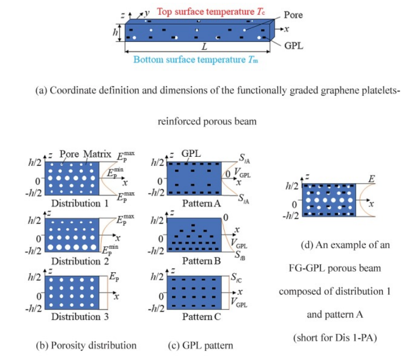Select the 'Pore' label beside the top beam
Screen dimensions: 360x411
click(293, 15)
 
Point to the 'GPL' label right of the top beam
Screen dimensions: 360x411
click(293, 46)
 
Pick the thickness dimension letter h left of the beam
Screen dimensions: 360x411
click(115, 32)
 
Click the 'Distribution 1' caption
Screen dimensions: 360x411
click(76, 203)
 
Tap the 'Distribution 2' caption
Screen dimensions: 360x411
click(76, 261)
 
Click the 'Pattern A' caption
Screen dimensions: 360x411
click(198, 203)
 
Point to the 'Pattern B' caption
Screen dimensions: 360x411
click(198, 261)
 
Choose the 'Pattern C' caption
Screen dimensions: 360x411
click(198, 317)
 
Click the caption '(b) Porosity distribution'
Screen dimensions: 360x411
click(86, 345)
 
